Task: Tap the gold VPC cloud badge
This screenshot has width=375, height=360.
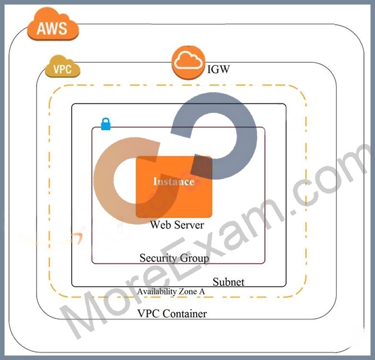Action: click(x=62, y=66)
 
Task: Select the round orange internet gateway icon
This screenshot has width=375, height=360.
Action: click(x=189, y=62)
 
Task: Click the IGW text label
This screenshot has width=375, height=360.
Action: click(x=218, y=70)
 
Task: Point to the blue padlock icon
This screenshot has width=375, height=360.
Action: click(x=106, y=124)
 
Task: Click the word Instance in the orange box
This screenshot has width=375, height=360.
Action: click(x=173, y=181)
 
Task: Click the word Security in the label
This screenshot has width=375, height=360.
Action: click(x=158, y=258)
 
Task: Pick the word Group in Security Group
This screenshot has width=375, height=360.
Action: click(x=194, y=258)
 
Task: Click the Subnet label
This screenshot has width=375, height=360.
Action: click(x=228, y=282)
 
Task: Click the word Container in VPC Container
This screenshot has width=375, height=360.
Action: click(x=185, y=314)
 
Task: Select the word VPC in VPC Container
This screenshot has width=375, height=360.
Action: click(x=148, y=314)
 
